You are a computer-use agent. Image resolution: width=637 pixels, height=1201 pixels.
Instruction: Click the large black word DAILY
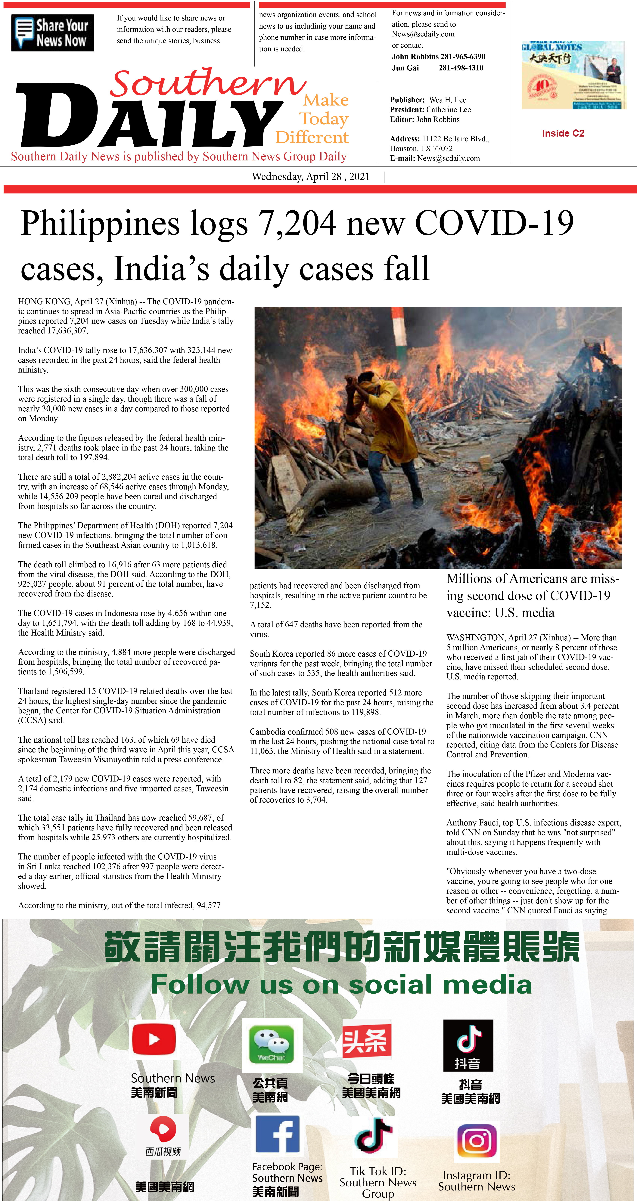click(149, 116)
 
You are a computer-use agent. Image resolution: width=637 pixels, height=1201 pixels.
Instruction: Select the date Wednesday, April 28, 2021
click(311, 177)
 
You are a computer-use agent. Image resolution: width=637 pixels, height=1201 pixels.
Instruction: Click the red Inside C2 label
click(563, 133)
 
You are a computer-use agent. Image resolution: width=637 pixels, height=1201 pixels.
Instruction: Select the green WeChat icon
click(272, 1044)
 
